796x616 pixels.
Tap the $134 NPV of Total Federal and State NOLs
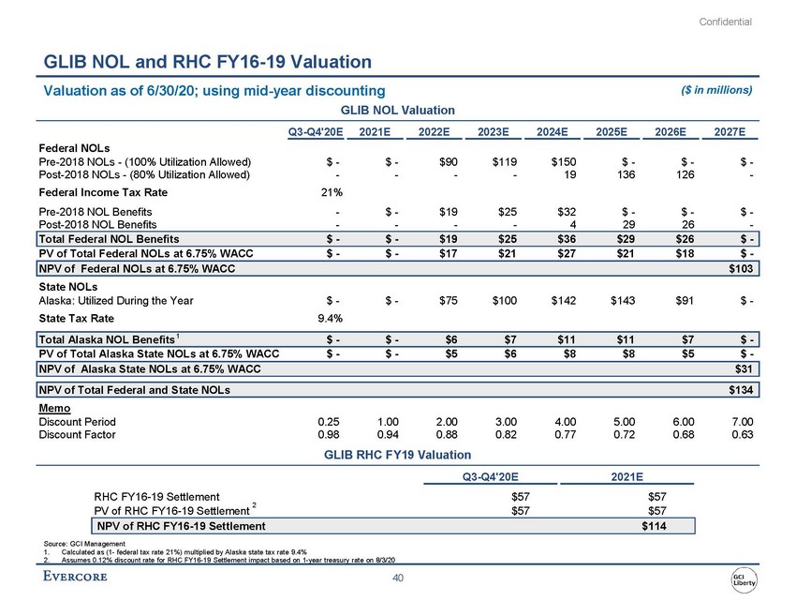click(740, 388)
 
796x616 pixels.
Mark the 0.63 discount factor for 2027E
click(742, 434)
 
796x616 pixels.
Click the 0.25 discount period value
click(329, 421)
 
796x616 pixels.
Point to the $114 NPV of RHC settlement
click(654, 526)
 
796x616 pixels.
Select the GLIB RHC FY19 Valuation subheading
click(397, 455)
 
